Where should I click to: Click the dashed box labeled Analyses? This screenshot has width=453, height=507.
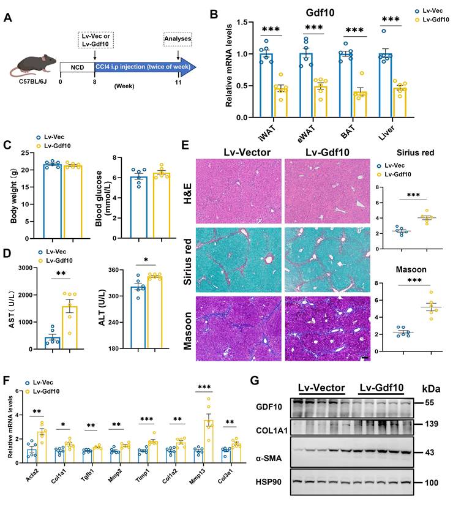coord(177,40)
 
